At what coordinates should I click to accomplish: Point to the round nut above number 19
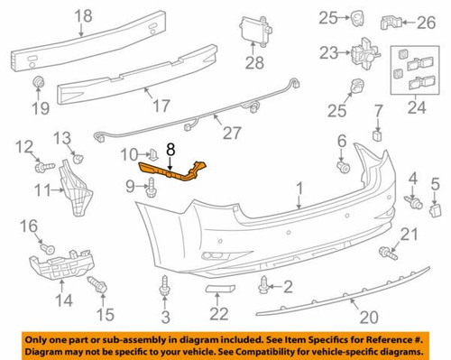(x=40, y=85)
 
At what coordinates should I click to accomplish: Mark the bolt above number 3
(x=165, y=289)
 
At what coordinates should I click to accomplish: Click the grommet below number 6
(x=344, y=167)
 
